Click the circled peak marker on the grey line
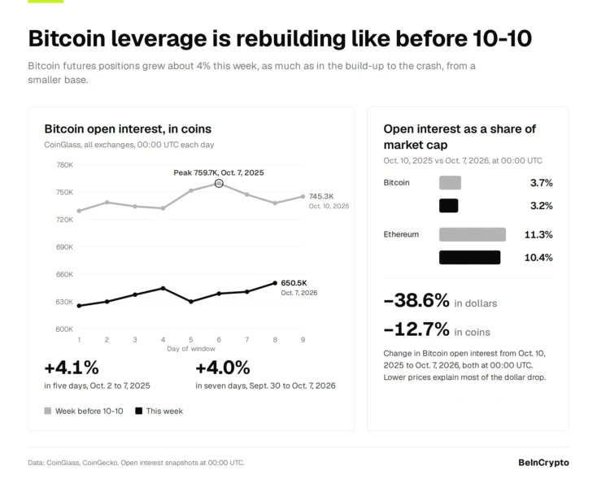click(x=219, y=184)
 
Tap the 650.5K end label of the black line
click(x=294, y=283)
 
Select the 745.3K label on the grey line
click(x=321, y=196)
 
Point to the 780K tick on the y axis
click(x=65, y=165)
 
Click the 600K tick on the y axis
click(x=65, y=329)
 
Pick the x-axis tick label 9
click(x=303, y=339)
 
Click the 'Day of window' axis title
click(x=191, y=349)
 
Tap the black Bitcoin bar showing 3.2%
click(x=448, y=206)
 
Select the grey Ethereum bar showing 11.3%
click(x=473, y=234)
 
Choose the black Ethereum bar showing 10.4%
click(x=470, y=257)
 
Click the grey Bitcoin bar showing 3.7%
click(x=450, y=183)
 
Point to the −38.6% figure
click(x=416, y=300)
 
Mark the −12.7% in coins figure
click(x=437, y=329)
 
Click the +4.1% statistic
click(x=72, y=368)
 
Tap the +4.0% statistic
click(x=223, y=368)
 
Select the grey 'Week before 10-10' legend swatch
click(x=48, y=411)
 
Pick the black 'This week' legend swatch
click(x=139, y=411)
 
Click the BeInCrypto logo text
click(x=543, y=463)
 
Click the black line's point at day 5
click(x=191, y=302)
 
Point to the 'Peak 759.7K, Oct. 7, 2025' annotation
click(x=219, y=172)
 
